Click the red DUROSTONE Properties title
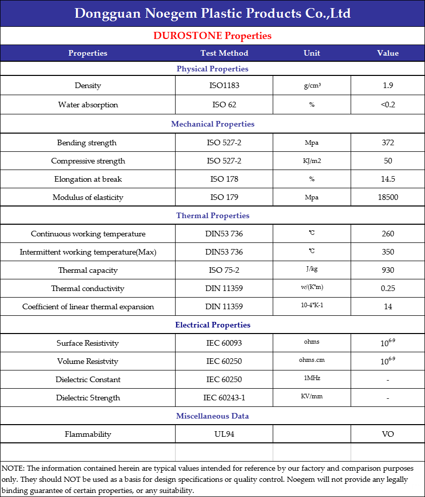click(212, 36)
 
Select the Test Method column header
click(224, 53)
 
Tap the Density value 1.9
click(388, 86)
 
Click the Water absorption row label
click(88, 105)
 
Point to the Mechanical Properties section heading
click(212, 124)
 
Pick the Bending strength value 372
click(388, 143)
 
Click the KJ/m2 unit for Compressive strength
click(312, 161)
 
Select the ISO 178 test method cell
click(224, 179)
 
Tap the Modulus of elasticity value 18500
click(388, 197)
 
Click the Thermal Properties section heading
click(212, 216)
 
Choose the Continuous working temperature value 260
click(388, 234)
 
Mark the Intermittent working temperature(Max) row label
click(88, 252)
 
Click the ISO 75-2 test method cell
click(224, 270)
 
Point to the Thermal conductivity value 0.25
click(388, 288)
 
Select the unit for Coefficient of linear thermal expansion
click(312, 306)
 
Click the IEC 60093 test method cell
click(224, 343)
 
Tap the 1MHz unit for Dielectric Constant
click(312, 379)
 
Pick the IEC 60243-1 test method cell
click(224, 398)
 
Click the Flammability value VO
click(388, 434)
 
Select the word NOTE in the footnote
click(12, 469)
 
